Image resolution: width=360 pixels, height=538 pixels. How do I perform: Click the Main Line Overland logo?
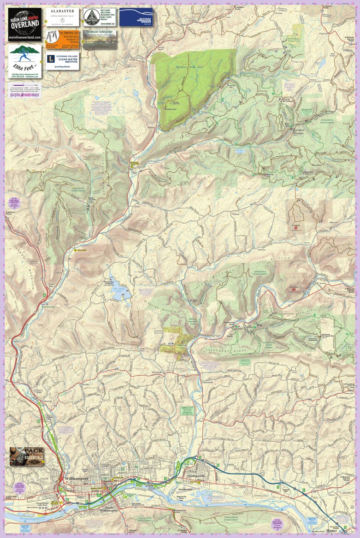point(24,24)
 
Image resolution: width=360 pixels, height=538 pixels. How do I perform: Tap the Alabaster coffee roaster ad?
point(62,17)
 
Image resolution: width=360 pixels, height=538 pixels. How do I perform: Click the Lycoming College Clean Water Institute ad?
point(62,61)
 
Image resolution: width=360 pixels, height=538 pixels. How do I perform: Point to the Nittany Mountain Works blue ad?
point(136,17)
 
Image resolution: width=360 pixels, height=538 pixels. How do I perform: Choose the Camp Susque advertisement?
point(100,17)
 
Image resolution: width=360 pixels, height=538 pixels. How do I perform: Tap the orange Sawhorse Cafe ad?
point(62,39)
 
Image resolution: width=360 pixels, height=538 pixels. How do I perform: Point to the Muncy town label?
point(331,531)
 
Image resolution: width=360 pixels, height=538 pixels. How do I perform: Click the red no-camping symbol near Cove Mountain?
point(293,289)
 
